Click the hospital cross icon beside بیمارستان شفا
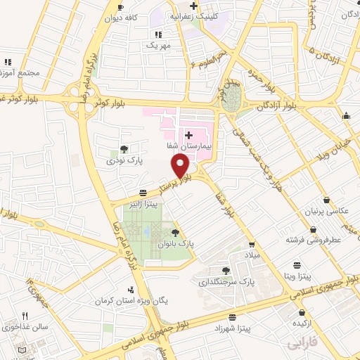[188, 134]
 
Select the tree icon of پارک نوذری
[124, 149]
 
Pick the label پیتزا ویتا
[299, 276]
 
